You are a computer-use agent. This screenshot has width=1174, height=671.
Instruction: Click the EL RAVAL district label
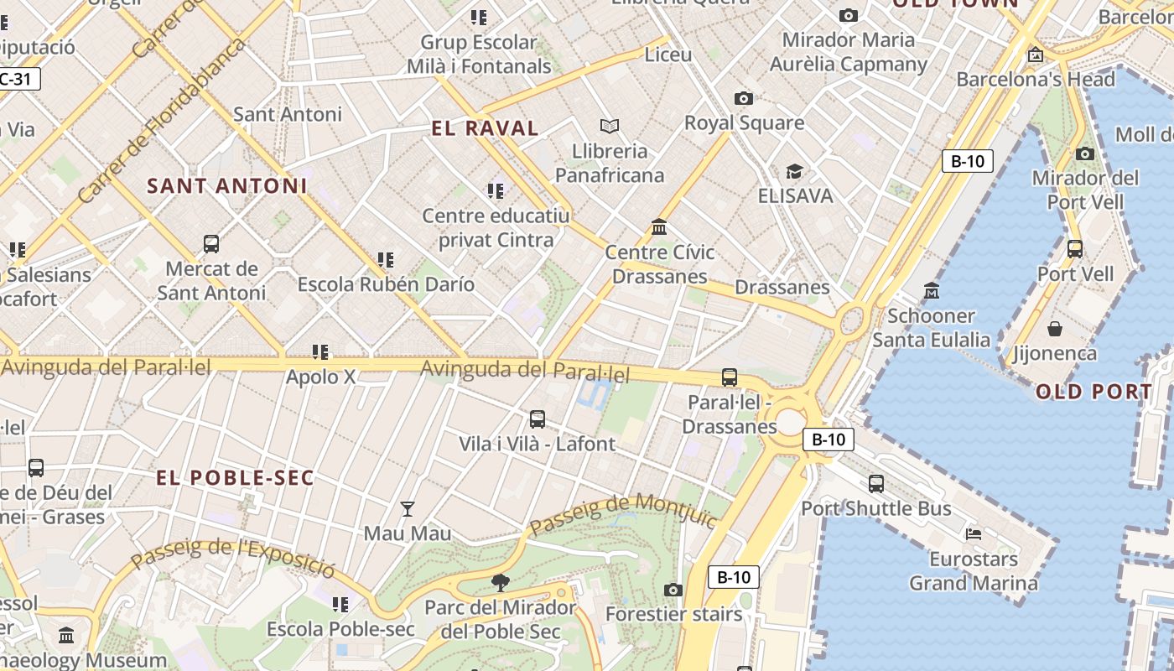tap(485, 128)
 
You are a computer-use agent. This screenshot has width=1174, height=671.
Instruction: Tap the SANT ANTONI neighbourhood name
tap(227, 186)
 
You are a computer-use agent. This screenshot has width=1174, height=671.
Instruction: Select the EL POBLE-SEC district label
tap(236, 478)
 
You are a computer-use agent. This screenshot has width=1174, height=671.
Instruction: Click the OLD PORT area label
tap(1093, 392)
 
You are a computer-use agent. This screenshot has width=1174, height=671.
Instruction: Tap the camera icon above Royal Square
tap(743, 98)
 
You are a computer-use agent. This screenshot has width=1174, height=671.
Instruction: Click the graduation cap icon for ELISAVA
tap(794, 172)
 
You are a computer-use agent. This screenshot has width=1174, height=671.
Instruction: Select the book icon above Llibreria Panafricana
tap(610, 126)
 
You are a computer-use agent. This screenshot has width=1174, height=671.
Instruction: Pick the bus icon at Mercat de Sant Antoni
tap(211, 244)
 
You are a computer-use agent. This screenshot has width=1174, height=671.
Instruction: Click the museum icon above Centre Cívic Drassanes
tap(659, 227)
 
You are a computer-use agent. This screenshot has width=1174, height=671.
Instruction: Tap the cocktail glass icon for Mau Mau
tap(408, 508)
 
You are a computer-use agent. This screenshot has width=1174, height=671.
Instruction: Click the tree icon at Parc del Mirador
tap(501, 582)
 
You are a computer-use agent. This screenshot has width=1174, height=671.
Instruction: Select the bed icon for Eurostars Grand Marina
tap(973, 533)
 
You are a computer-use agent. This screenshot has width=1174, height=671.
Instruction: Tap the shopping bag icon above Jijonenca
tap(1054, 328)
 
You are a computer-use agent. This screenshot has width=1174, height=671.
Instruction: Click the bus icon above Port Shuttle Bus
tap(876, 483)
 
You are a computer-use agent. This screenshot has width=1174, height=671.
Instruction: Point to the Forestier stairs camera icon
tap(673, 590)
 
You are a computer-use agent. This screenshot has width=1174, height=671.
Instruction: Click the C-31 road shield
tap(17, 79)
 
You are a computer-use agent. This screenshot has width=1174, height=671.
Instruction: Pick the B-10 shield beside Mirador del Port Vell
tap(967, 161)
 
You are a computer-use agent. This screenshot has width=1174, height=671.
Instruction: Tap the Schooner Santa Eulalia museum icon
tap(931, 291)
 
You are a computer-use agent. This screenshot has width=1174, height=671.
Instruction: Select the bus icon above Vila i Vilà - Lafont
tap(538, 419)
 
